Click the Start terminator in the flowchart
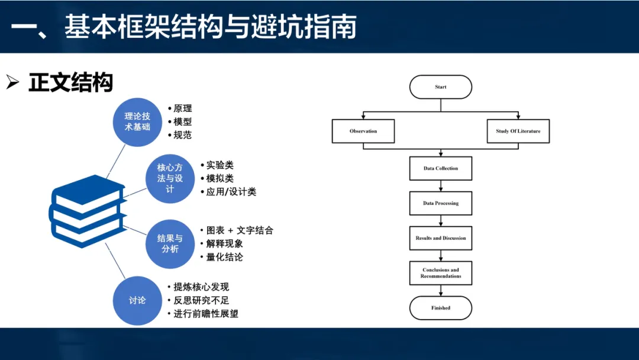pyautogui.click(x=441, y=87)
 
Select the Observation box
pyautogui.click(x=363, y=131)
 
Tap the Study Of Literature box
pyautogui.click(x=518, y=131)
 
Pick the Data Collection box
pyautogui.click(x=441, y=168)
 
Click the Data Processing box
pyautogui.click(x=441, y=203)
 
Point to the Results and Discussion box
pyautogui.click(x=441, y=238)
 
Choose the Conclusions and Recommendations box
pyautogui.click(x=441, y=273)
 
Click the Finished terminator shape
pyautogui.click(x=441, y=308)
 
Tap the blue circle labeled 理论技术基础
pyautogui.click(x=137, y=122)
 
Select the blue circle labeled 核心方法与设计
pyautogui.click(x=170, y=179)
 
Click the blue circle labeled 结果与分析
pyautogui.click(x=170, y=244)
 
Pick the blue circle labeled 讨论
pyautogui.click(x=137, y=301)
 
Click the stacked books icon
pyautogui.click(x=87, y=211)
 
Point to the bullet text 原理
pyautogui.click(x=183, y=108)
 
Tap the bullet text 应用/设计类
pyautogui.click(x=231, y=192)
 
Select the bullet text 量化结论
pyautogui.click(x=225, y=257)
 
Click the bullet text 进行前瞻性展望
pyautogui.click(x=206, y=314)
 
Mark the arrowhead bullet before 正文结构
pyautogui.click(x=12, y=82)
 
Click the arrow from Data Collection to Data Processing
pyautogui.click(x=441, y=186)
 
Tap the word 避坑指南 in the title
pyautogui.click(x=304, y=27)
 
